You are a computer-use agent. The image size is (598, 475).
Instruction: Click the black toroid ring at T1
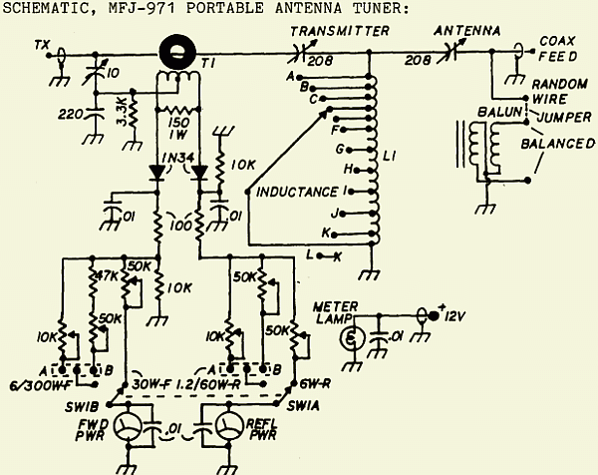180,49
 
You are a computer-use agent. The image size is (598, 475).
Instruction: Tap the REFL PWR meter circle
220,427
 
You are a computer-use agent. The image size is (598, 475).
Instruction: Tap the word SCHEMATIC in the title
47,9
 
